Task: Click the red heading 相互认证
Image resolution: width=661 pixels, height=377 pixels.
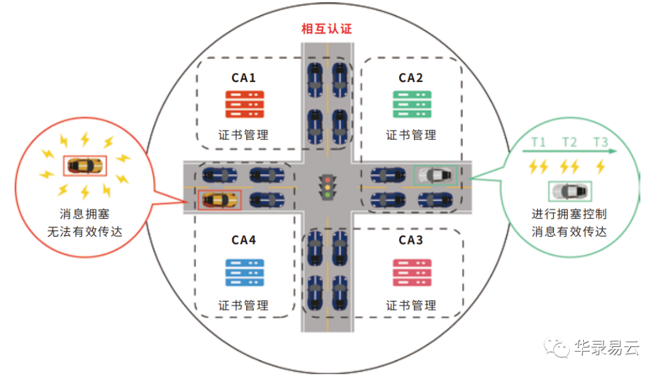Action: (x=327, y=29)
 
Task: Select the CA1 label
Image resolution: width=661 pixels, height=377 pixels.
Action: (x=244, y=78)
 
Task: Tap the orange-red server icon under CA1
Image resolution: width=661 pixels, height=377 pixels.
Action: (x=244, y=104)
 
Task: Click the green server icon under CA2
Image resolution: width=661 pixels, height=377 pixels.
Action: (x=411, y=104)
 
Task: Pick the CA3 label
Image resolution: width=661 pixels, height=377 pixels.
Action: (x=411, y=240)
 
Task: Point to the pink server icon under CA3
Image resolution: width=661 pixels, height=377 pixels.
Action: (x=411, y=272)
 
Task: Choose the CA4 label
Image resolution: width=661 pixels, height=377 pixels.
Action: (x=244, y=240)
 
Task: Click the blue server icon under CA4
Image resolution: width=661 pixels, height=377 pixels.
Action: (x=244, y=272)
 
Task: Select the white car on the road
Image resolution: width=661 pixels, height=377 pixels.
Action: (x=435, y=175)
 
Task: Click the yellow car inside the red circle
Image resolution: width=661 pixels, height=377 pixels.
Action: (x=85, y=166)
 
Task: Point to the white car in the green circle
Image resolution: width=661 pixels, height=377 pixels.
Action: (x=570, y=191)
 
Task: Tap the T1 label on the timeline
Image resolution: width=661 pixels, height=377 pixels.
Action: (x=538, y=142)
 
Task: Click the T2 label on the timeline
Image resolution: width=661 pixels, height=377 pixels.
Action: (x=569, y=142)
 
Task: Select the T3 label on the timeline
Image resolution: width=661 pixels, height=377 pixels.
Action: (x=600, y=142)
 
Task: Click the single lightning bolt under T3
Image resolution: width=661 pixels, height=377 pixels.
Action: (x=600, y=166)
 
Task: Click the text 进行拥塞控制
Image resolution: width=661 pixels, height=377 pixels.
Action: (x=570, y=215)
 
